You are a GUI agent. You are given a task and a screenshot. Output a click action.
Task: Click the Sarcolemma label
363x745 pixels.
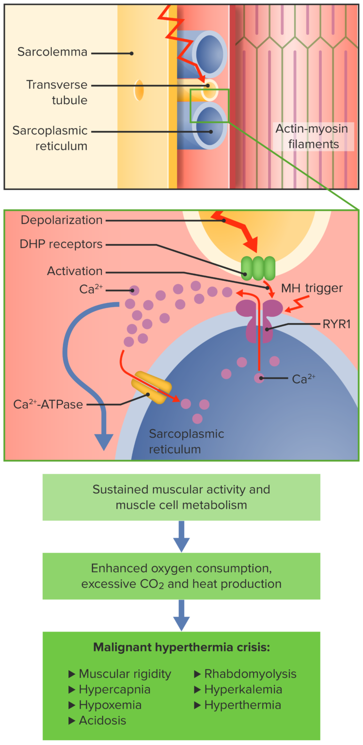52,52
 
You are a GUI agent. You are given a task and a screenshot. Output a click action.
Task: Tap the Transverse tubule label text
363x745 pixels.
57,92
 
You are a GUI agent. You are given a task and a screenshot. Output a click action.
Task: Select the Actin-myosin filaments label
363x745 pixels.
307,136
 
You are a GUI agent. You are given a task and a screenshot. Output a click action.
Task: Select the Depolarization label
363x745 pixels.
62,220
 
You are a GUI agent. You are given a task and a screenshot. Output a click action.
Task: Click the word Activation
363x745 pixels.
75,271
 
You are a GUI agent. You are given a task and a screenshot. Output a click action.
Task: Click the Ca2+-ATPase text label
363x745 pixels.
48,404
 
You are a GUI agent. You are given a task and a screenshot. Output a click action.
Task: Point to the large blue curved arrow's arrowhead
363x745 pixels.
103,441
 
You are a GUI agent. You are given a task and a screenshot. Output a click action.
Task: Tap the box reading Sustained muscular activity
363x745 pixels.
181,497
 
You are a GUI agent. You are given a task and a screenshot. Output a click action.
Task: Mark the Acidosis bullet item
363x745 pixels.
102,720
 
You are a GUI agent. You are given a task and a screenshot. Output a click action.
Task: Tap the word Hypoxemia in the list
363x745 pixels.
110,705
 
